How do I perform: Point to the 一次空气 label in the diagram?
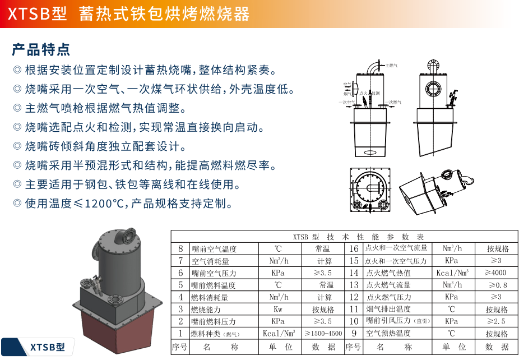[x=346, y=102]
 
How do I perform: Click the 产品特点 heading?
[x=41, y=49]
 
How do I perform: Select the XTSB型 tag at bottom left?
[x=47, y=347]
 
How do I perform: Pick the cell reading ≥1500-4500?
[x=323, y=334]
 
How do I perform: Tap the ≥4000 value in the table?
[x=493, y=273]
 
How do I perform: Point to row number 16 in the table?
[x=354, y=248]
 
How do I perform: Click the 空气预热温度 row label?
[x=388, y=334]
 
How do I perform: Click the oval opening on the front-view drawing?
[x=370, y=151]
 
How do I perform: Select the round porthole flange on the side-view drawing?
[x=433, y=88]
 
